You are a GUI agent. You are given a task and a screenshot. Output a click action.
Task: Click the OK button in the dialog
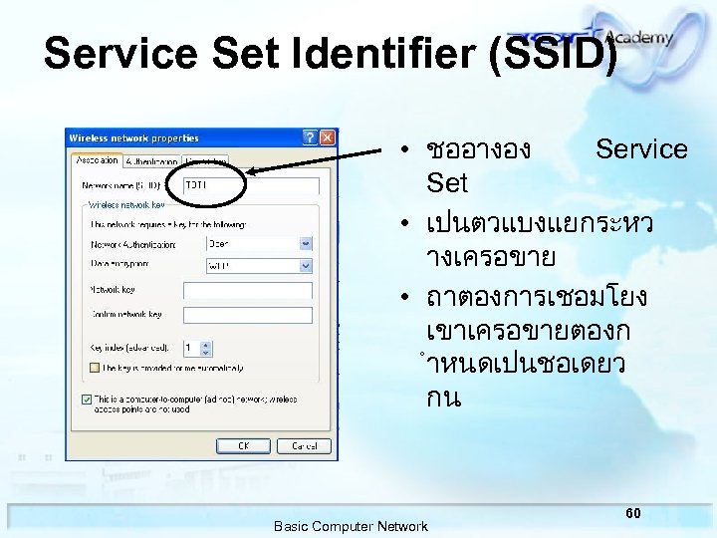[243, 445]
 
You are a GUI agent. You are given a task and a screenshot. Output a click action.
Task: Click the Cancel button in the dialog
[304, 445]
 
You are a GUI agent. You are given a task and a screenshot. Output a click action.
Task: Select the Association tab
[97, 159]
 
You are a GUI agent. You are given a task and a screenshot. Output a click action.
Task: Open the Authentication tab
[152, 160]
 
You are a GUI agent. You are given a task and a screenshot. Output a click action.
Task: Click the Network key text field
[248, 290]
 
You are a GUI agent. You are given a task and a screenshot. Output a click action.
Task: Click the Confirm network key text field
[248, 314]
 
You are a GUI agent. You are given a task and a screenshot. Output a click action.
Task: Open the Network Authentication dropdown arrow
[306, 242]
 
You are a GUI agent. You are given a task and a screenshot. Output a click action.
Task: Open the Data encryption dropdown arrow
[306, 265]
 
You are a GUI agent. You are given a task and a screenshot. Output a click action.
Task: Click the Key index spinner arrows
[206, 349]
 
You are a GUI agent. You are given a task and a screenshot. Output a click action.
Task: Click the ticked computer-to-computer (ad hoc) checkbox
[87, 399]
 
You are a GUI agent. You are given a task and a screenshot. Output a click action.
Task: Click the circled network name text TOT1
[196, 185]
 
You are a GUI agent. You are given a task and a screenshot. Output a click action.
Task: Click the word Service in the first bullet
[640, 149]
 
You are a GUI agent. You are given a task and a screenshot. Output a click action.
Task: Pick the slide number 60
[633, 512]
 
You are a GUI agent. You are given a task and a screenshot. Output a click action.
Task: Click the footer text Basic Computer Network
[351, 526]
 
